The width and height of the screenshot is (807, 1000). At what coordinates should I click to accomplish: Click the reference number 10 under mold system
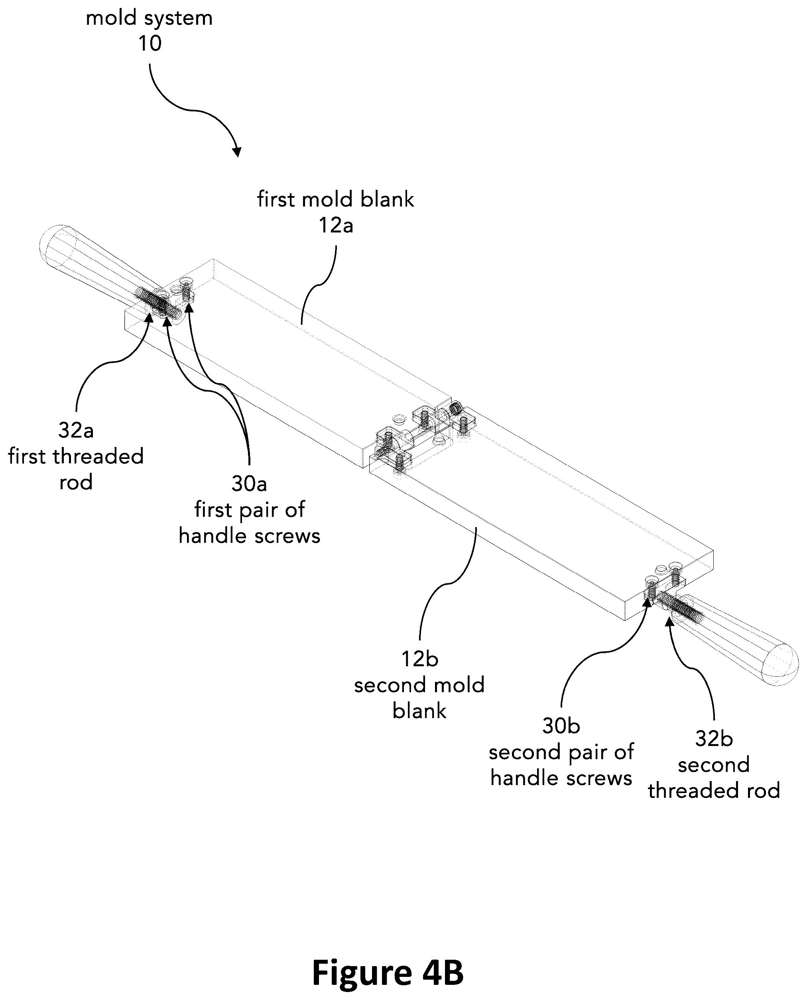pyautogui.click(x=150, y=43)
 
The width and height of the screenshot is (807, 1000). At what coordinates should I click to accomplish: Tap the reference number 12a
pyautogui.click(x=336, y=225)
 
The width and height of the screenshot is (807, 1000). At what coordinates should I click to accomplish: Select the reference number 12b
pyautogui.click(x=420, y=659)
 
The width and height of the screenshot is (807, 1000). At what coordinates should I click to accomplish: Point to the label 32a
pyautogui.click(x=76, y=430)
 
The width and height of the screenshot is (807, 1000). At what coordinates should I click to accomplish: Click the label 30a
pyautogui.click(x=249, y=484)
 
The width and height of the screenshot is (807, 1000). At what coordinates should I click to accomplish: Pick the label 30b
pyautogui.click(x=561, y=726)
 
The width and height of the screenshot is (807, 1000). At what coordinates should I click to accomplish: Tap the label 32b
pyautogui.click(x=714, y=739)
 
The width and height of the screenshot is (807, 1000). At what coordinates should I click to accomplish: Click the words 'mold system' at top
pyautogui.click(x=149, y=18)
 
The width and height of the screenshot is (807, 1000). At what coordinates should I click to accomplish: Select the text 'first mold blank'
pyautogui.click(x=336, y=199)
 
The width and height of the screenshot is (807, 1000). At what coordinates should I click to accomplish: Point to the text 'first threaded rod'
pyautogui.click(x=76, y=469)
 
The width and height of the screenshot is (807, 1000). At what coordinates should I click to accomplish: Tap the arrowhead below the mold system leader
pyautogui.click(x=237, y=152)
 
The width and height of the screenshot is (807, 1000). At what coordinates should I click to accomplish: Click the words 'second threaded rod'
pyautogui.click(x=714, y=778)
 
